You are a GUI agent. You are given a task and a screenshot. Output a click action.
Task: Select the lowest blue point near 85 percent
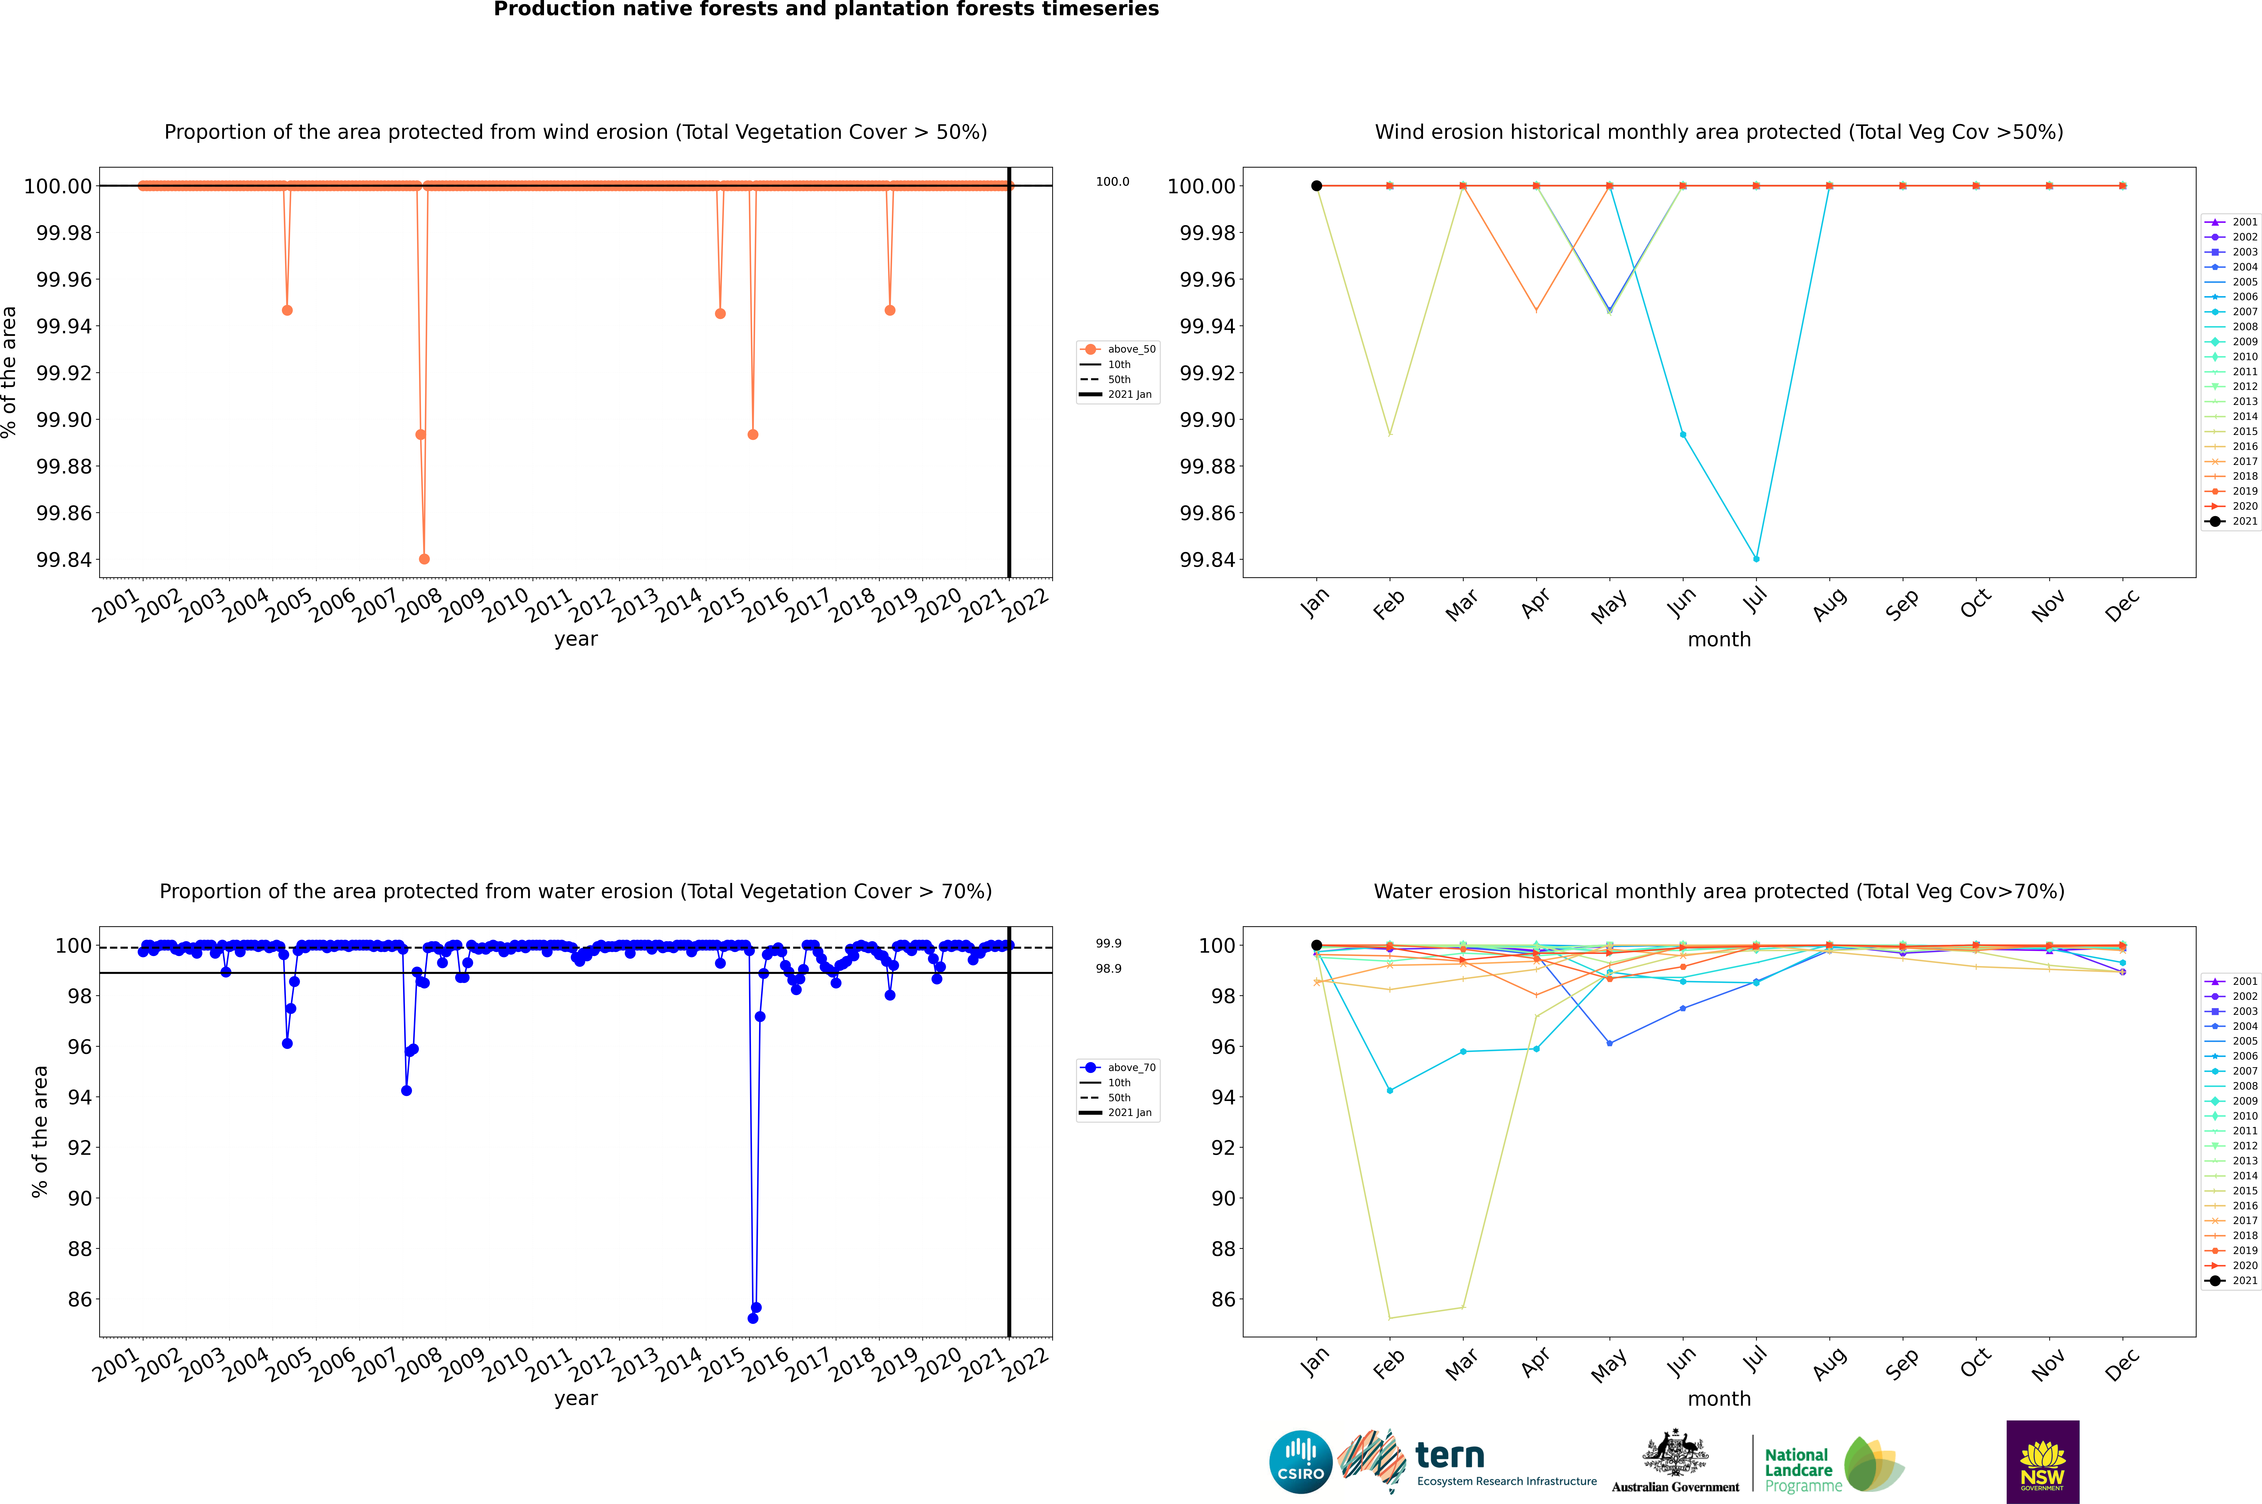753,1318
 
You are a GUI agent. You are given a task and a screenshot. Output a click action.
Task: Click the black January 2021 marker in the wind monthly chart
1317,186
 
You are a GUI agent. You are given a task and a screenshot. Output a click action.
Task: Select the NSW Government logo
2042,1462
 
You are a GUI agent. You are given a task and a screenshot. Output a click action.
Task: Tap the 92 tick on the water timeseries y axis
79,1148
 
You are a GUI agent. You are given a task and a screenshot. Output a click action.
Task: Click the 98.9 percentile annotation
1108,969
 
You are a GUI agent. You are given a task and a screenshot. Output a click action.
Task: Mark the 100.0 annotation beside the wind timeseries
1112,181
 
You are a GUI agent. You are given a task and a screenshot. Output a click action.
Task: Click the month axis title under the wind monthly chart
1718,640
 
